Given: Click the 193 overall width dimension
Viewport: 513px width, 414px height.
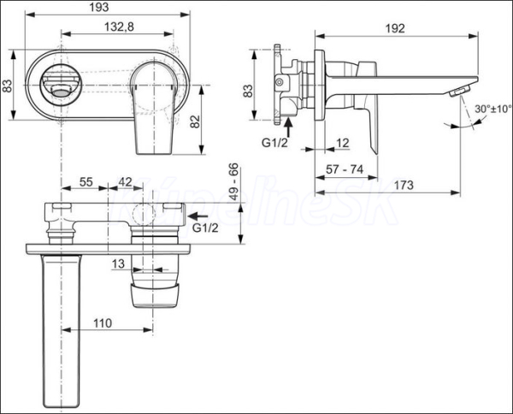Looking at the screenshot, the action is click(x=99, y=7).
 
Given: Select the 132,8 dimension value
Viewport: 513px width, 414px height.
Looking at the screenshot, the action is click(x=119, y=27).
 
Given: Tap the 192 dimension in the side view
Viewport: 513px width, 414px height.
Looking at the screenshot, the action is click(x=395, y=28).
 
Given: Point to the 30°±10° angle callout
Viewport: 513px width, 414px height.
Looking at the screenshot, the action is click(x=493, y=109).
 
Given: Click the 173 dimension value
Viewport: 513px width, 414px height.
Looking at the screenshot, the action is click(x=404, y=186).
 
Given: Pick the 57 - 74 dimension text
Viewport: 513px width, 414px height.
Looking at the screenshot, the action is click(x=345, y=169).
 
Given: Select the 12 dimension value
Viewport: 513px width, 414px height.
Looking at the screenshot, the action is click(x=343, y=143).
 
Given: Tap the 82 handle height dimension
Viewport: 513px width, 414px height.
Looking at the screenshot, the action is click(x=195, y=121).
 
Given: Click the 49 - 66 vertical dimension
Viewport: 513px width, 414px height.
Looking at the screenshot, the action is click(x=234, y=182).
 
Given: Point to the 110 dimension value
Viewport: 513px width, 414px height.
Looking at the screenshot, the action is click(x=103, y=323).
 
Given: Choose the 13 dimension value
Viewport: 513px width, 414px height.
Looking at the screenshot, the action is click(x=119, y=263).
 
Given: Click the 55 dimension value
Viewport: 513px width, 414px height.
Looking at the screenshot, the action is click(x=86, y=182).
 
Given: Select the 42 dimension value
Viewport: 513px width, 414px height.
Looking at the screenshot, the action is click(x=125, y=182).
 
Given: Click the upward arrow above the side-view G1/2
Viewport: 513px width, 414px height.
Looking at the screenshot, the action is click(x=288, y=127).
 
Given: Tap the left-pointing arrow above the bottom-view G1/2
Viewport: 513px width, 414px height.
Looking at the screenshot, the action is click(x=198, y=216).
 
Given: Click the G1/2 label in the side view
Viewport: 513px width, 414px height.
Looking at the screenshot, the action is click(x=274, y=143).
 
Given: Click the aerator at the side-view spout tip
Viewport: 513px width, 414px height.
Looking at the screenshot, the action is click(x=460, y=91).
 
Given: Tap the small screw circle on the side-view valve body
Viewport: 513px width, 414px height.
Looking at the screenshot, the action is click(x=279, y=82).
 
